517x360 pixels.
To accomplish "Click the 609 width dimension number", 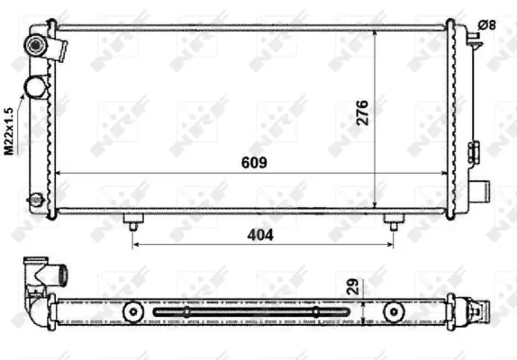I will click(x=255, y=162).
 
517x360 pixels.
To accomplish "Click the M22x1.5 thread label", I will click(x=9, y=133).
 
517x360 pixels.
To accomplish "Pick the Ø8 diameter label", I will click(x=486, y=25).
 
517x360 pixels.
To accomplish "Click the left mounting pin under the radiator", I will click(x=133, y=220).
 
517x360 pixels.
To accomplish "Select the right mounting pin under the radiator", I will click(x=394, y=220).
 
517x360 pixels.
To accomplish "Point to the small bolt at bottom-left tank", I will click(x=35, y=199).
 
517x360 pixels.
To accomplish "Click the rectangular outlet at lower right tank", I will click(x=483, y=190).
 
